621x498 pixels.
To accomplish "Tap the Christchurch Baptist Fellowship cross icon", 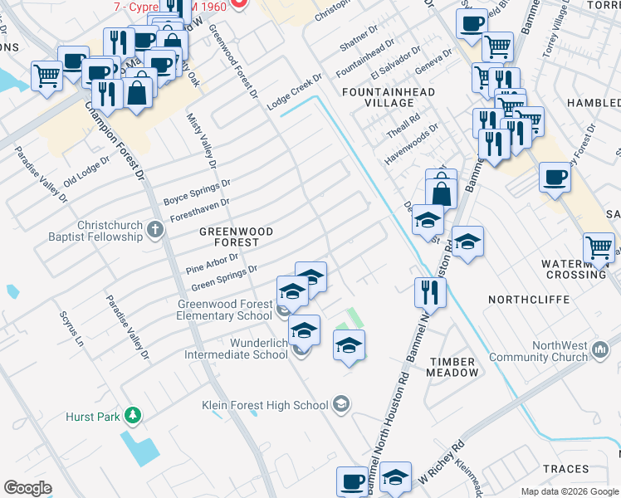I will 155,228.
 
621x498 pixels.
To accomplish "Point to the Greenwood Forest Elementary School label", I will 224,310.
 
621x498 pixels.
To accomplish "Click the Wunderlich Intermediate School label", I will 235,349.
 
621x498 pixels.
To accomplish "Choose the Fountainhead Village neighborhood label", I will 378,96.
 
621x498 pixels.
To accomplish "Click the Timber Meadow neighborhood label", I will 453,367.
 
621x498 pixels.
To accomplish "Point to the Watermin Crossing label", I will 574,269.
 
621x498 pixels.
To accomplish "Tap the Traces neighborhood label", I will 565,469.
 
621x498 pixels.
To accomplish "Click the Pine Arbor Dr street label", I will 212,263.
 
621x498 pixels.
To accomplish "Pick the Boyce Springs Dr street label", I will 196,193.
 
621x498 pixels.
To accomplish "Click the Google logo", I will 27,488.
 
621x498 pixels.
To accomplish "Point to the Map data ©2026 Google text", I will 569,491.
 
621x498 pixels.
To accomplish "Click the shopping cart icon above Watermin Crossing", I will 599,247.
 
